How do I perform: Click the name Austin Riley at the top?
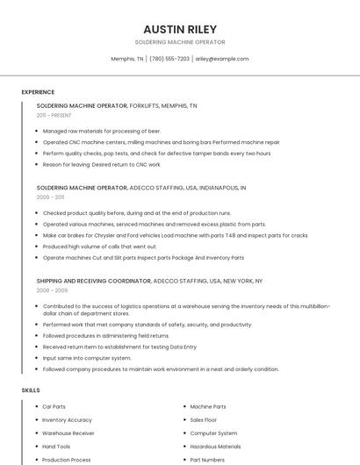click(179, 29)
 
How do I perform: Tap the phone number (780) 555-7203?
click(169, 59)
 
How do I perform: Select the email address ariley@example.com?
click(221, 59)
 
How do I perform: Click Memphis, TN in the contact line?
click(127, 59)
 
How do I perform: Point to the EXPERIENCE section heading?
click(38, 92)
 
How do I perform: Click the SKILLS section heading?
click(31, 390)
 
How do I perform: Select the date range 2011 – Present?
click(54, 115)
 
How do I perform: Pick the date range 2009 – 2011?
click(50, 197)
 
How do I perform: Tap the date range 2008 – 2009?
click(52, 290)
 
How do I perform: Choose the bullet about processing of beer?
click(90, 131)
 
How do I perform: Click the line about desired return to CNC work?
click(101, 164)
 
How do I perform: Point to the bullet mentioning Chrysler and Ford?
click(175, 235)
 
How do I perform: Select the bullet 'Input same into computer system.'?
click(87, 358)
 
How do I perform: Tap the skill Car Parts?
click(54, 406)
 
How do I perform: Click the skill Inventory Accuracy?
click(67, 419)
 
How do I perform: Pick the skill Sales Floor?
click(203, 419)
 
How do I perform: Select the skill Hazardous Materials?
click(215, 446)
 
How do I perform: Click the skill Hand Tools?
click(56, 446)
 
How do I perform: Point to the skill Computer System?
click(213, 433)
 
